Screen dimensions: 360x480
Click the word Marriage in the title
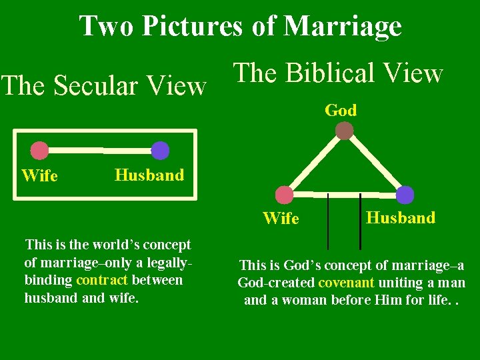pyautogui.click(x=342, y=26)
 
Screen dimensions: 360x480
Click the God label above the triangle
pyautogui.click(x=341, y=111)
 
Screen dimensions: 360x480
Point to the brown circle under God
pyautogui.click(x=344, y=131)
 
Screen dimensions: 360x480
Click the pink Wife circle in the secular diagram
pyautogui.click(x=40, y=151)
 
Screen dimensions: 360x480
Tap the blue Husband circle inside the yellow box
pyautogui.click(x=160, y=151)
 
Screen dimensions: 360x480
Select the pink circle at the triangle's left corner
pyautogui.click(x=285, y=195)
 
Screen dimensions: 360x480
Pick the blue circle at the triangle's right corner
pyautogui.click(x=405, y=195)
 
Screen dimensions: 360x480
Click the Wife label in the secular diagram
pyautogui.click(x=39, y=176)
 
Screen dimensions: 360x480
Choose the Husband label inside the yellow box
pyautogui.click(x=149, y=175)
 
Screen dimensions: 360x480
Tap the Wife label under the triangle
pyautogui.click(x=281, y=219)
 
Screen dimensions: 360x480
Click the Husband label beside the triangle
pyautogui.click(x=401, y=217)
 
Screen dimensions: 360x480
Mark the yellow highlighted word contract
pyautogui.click(x=101, y=280)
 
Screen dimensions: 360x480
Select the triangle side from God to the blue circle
pyautogui.click(x=375, y=163)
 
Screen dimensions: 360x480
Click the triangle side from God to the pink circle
pyautogui.click(x=314, y=163)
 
